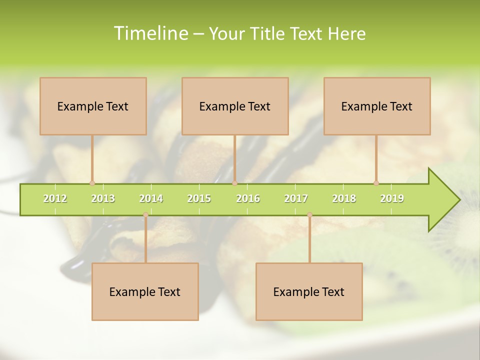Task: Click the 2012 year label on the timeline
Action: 55,199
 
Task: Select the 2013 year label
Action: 103,199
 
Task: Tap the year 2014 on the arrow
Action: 151,199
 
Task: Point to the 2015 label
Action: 199,199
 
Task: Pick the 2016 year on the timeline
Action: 248,199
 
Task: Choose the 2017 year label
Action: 296,199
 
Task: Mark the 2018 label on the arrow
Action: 344,199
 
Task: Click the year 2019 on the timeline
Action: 392,199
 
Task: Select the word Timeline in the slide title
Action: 150,33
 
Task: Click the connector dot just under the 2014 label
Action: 145,215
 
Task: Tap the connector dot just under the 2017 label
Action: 309,215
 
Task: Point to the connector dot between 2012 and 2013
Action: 92,183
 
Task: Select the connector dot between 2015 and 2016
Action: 234,183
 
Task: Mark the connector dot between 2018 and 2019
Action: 376,183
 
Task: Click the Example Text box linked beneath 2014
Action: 145,291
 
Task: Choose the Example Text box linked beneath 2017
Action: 309,291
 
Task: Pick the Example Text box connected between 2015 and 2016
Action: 235,106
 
